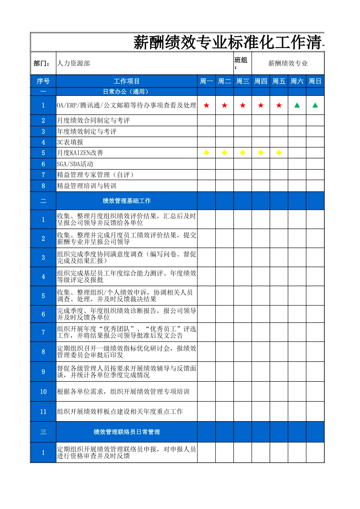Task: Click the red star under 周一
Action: pyautogui.click(x=207, y=105)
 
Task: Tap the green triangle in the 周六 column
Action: pyautogui.click(x=297, y=105)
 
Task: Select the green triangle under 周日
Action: pyautogui.click(x=315, y=105)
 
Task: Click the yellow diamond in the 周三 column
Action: pyautogui.click(x=243, y=153)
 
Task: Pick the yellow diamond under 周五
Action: pyautogui.click(x=279, y=153)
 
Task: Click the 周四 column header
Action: pyautogui.click(x=261, y=81)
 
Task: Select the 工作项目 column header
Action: pyautogui.click(x=127, y=81)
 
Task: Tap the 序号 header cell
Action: pyautogui.click(x=43, y=81)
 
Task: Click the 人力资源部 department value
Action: pyautogui.click(x=74, y=63)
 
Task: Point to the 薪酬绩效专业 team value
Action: pyautogui.click(x=288, y=63)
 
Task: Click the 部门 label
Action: pyautogui.click(x=42, y=63)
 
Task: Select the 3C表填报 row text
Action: pyautogui.click(x=70, y=142)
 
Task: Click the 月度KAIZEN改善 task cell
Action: pyautogui.click(x=80, y=153)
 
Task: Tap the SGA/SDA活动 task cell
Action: pyautogui.click(x=75, y=164)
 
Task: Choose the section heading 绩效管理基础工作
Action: pyautogui.click(x=127, y=201)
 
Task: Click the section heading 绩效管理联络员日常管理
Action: pyautogui.click(x=127, y=432)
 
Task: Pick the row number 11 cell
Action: pyautogui.click(x=43, y=412)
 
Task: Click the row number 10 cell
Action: pyautogui.click(x=43, y=392)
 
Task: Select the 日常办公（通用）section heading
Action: pyautogui.click(x=127, y=92)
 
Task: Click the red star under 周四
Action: pyautogui.click(x=261, y=105)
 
